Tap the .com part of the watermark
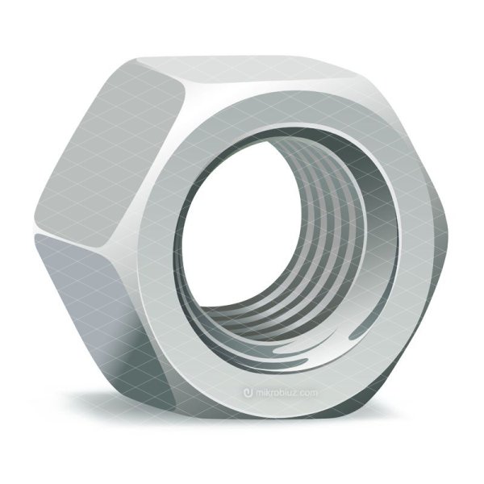307,393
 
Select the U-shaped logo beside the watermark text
248,393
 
